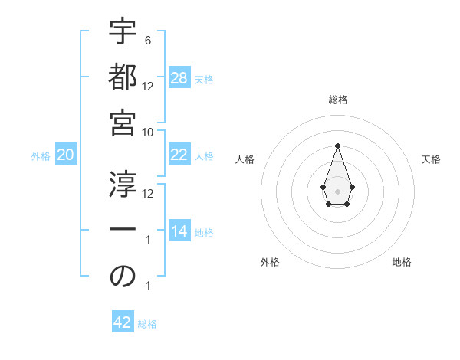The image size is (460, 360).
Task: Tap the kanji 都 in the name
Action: tap(123, 78)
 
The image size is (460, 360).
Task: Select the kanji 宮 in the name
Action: tap(123, 123)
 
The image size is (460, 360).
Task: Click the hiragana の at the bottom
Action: tap(123, 277)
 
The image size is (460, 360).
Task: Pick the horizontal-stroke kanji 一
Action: tap(123, 231)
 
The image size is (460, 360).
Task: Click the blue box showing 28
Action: tap(179, 78)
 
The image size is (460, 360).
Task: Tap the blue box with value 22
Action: tap(179, 155)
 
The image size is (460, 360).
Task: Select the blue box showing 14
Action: tap(179, 231)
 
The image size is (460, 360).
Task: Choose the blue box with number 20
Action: tap(65, 155)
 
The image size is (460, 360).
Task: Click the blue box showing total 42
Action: tap(123, 322)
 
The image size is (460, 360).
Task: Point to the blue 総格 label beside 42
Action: tap(147, 323)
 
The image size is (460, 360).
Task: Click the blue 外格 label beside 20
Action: tap(41, 155)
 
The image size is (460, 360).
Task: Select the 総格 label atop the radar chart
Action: tap(337, 100)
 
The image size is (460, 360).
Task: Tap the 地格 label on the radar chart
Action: tap(402, 262)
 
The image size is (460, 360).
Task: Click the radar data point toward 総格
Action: tap(337, 146)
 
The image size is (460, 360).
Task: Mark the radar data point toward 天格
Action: tap(352, 187)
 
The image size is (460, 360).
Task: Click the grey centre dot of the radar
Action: tap(337, 191)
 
